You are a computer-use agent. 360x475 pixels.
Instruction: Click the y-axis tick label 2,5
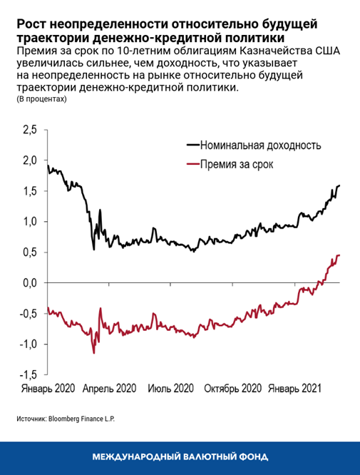coord(30,131)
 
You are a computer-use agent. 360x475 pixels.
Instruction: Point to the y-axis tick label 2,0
coord(30,161)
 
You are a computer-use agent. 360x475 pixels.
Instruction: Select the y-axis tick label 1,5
coord(30,192)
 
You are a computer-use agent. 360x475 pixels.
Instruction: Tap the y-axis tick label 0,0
coord(30,283)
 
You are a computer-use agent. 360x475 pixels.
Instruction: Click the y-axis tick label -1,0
coord(28,344)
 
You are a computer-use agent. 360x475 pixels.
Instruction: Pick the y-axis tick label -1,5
coord(28,375)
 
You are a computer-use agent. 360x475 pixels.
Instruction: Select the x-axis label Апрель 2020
coord(109,390)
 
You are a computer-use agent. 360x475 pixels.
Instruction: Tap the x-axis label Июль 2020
coord(171,390)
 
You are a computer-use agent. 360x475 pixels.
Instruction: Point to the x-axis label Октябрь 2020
coord(232,390)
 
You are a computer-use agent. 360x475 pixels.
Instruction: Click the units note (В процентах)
coord(41,100)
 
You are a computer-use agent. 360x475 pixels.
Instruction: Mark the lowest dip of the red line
coord(93,352)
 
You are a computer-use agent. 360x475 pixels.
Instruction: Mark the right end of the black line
coord(339,185)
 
